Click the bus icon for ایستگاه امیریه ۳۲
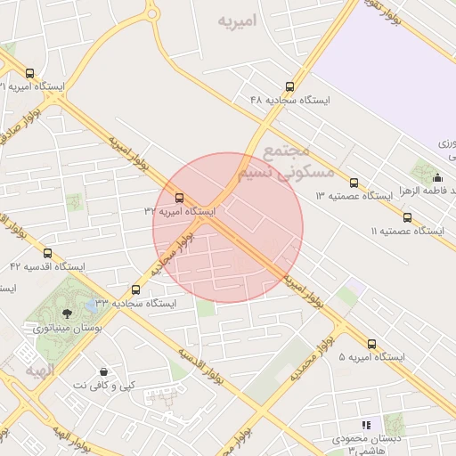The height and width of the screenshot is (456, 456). [179, 198]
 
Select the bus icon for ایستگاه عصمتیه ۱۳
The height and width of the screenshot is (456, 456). [354, 182]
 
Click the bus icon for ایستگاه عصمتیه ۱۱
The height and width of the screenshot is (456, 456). [407, 216]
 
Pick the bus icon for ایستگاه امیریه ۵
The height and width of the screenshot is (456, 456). [371, 343]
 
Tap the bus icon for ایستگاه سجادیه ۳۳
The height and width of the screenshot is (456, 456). [136, 289]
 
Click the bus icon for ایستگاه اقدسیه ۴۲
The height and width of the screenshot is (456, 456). [47, 253]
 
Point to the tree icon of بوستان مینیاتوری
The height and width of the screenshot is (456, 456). [68, 313]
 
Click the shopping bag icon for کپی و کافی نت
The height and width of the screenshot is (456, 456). [104, 371]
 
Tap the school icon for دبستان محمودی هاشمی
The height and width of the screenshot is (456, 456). [365, 425]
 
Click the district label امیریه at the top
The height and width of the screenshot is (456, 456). [242, 20]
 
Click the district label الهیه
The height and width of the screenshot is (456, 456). [40, 369]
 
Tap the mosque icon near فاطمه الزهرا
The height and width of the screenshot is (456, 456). [436, 177]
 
